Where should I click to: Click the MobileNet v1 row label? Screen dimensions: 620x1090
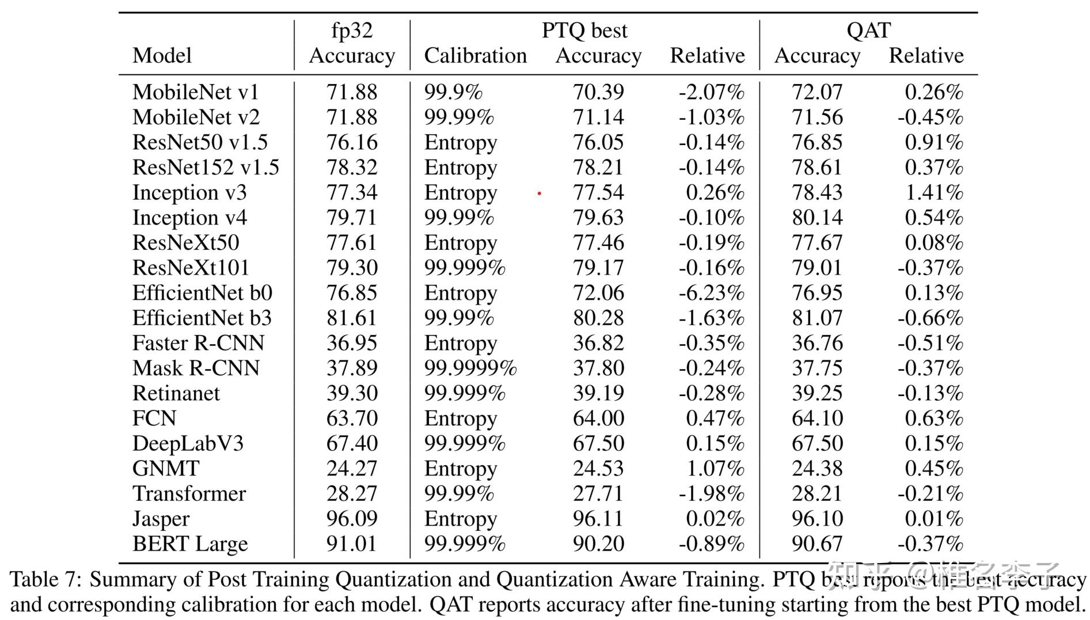pyautogui.click(x=196, y=92)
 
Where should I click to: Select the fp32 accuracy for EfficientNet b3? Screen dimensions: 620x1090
pyautogui.click(x=352, y=318)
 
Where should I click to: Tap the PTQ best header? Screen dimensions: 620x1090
pyautogui.click(x=584, y=31)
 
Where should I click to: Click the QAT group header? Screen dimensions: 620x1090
pyautogui.click(x=868, y=31)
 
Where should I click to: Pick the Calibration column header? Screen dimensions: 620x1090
pyautogui.click(x=475, y=56)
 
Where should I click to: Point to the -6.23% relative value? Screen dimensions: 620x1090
pyautogui.click(x=711, y=293)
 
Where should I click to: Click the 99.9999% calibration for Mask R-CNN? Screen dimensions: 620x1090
pyautogui.click(x=470, y=368)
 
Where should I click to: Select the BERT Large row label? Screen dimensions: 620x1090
pyautogui.click(x=190, y=544)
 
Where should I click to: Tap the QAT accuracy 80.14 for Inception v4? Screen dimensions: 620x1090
pyautogui.click(x=817, y=218)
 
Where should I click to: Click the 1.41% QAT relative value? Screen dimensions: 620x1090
pyautogui.click(x=934, y=193)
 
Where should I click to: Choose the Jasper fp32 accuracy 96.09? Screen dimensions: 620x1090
pyautogui.click(x=352, y=519)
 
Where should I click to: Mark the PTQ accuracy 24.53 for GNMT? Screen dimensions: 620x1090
pyautogui.click(x=598, y=469)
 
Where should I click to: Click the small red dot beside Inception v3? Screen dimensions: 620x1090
pyautogui.click(x=539, y=194)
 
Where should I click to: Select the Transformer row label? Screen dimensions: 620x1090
pyautogui.click(x=189, y=494)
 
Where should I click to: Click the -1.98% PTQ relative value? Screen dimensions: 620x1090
pyautogui.click(x=711, y=494)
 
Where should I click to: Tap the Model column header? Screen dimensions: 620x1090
pyautogui.click(x=162, y=56)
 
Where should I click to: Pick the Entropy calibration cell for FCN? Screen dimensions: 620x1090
pyautogui.click(x=461, y=419)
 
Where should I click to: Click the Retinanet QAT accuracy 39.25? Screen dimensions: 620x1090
pyautogui.click(x=817, y=393)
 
